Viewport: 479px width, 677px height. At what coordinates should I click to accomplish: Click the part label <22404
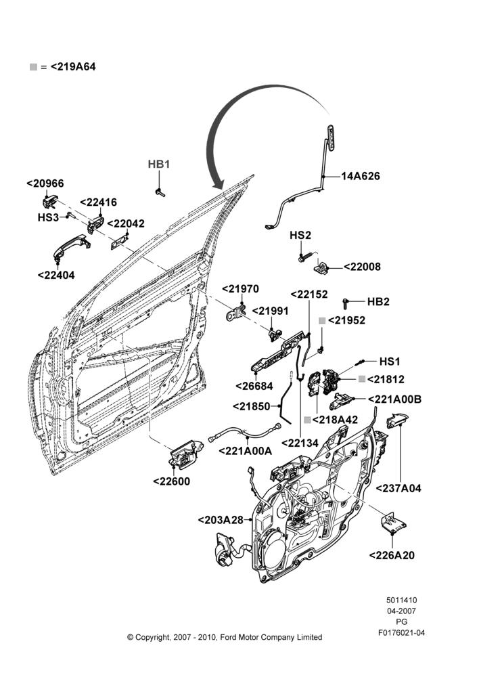[56, 275]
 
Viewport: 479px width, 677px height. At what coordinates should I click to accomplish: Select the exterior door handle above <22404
[71, 246]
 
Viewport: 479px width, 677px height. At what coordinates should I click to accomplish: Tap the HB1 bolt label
[159, 165]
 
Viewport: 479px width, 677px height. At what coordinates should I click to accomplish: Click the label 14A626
[361, 176]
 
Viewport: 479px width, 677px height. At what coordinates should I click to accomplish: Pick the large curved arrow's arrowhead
[219, 182]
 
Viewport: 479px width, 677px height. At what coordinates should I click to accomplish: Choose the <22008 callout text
[362, 267]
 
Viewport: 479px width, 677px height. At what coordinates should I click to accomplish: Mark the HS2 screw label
[300, 236]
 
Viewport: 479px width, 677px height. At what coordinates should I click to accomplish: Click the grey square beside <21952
[322, 320]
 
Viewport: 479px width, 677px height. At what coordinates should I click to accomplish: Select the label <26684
[254, 386]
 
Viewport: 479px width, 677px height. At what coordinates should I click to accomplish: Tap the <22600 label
[171, 481]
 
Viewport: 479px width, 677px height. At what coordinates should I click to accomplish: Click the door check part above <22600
[185, 454]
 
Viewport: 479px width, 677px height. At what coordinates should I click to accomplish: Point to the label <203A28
[221, 520]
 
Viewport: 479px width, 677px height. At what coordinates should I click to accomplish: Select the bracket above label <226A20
[393, 523]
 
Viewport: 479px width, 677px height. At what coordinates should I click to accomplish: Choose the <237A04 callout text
[398, 488]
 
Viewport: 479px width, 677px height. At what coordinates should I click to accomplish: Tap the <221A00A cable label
[245, 451]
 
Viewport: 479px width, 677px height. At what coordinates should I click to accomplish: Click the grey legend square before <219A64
[34, 67]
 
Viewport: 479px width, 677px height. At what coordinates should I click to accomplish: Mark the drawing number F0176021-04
[401, 633]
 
